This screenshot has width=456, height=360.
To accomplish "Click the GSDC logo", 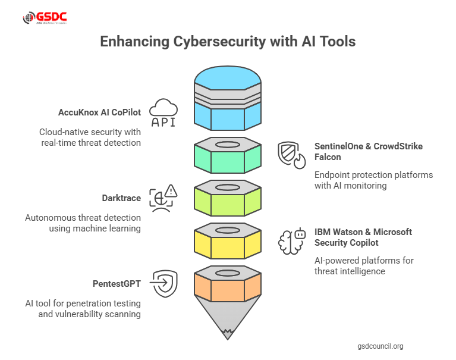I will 45,18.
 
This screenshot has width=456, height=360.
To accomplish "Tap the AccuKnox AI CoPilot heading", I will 100,111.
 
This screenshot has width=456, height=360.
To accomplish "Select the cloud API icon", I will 163,113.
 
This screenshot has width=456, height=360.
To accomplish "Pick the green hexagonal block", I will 228,158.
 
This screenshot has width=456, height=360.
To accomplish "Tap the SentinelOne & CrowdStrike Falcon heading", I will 368,151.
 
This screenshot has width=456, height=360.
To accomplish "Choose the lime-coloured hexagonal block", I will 228,202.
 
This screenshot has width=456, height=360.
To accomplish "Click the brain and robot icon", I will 292,241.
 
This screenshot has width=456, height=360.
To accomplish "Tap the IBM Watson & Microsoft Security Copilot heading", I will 363,237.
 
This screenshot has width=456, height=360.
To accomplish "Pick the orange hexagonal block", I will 228,286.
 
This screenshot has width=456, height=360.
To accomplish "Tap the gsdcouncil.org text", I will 380,345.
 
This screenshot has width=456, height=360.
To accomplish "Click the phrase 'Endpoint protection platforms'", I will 373,175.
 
